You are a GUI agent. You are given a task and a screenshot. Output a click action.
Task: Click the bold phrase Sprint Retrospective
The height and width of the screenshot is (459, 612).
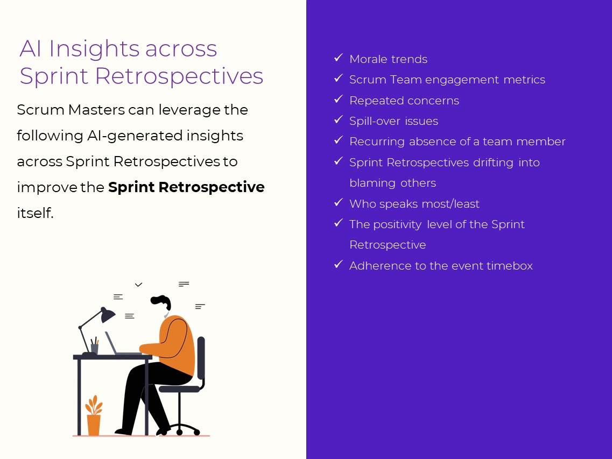pyautogui.click(x=186, y=187)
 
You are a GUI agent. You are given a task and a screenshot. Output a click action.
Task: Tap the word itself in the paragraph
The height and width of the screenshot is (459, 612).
pyautogui.click(x=35, y=213)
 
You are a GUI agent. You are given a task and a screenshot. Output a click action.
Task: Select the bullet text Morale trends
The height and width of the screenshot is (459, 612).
pyautogui.click(x=388, y=59)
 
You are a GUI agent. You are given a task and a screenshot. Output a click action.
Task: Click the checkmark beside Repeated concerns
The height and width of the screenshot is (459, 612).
pyautogui.click(x=338, y=100)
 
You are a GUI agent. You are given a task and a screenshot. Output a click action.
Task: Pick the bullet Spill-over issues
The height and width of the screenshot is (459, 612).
pyautogui.click(x=393, y=121)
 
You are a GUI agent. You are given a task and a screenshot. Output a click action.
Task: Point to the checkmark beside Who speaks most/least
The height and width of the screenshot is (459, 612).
pyautogui.click(x=338, y=203)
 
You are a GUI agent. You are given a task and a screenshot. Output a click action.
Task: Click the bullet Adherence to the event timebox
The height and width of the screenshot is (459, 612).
pyautogui.click(x=441, y=266)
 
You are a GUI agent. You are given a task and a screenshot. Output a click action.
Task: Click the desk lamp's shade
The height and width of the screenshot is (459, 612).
pyautogui.click(x=107, y=315)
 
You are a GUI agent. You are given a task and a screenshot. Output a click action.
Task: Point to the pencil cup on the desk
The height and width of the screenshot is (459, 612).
pyautogui.click(x=95, y=347)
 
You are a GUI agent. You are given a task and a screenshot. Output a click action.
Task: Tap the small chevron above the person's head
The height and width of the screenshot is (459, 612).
pyautogui.click(x=138, y=285)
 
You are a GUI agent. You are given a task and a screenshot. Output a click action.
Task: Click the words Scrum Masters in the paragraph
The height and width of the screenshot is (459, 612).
pyautogui.click(x=71, y=110)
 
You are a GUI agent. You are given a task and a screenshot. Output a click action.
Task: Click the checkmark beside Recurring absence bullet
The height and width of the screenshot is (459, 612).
pyautogui.click(x=338, y=140)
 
